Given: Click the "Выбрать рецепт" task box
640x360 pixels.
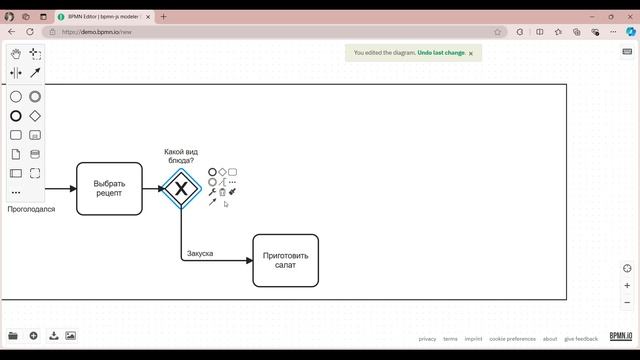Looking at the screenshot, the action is [109, 188].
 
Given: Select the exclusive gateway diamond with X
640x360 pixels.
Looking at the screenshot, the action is [181, 188].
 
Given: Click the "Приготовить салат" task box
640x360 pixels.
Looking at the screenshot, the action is [285, 260].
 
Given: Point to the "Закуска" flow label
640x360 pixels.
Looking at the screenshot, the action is [200, 254].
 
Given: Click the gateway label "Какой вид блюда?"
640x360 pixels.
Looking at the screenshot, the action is [181, 156].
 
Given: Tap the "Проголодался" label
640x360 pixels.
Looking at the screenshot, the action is [31, 210].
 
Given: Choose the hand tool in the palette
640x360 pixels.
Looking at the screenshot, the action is [16, 54].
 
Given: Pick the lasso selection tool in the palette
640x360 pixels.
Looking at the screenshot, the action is [35, 54].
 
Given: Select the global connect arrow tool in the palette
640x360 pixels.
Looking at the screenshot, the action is [35, 73].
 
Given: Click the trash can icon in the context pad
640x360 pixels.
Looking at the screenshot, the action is [222, 192].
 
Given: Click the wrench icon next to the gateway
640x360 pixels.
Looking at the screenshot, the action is [212, 192].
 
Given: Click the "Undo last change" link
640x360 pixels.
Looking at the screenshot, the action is [440, 53].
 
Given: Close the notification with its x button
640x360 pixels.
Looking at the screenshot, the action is [471, 53].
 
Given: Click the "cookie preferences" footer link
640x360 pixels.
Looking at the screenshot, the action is [512, 339].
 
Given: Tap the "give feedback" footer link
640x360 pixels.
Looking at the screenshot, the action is [581, 339].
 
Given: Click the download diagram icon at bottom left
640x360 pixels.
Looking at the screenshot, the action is [54, 336].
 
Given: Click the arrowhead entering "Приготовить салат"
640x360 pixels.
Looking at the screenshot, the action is [249, 260].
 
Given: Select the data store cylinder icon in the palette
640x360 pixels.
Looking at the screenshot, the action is [35, 154].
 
